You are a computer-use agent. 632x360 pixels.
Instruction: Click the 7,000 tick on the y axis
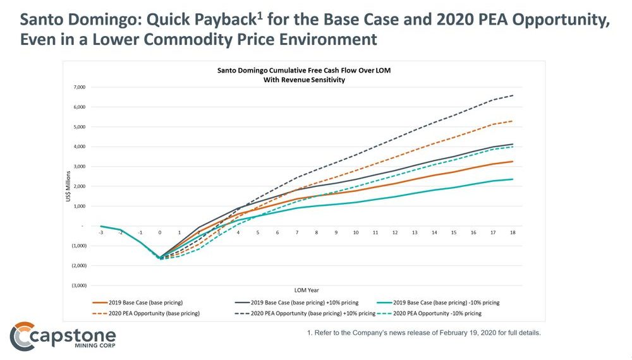[78, 87]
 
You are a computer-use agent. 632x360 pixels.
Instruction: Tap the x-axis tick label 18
[513, 232]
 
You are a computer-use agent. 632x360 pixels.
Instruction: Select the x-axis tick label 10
[356, 232]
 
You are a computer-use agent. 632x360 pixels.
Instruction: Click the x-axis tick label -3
[101, 232]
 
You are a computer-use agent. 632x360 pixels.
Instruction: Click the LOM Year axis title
[307, 289]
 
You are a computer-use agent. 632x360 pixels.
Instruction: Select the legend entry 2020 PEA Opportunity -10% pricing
[436, 313]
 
